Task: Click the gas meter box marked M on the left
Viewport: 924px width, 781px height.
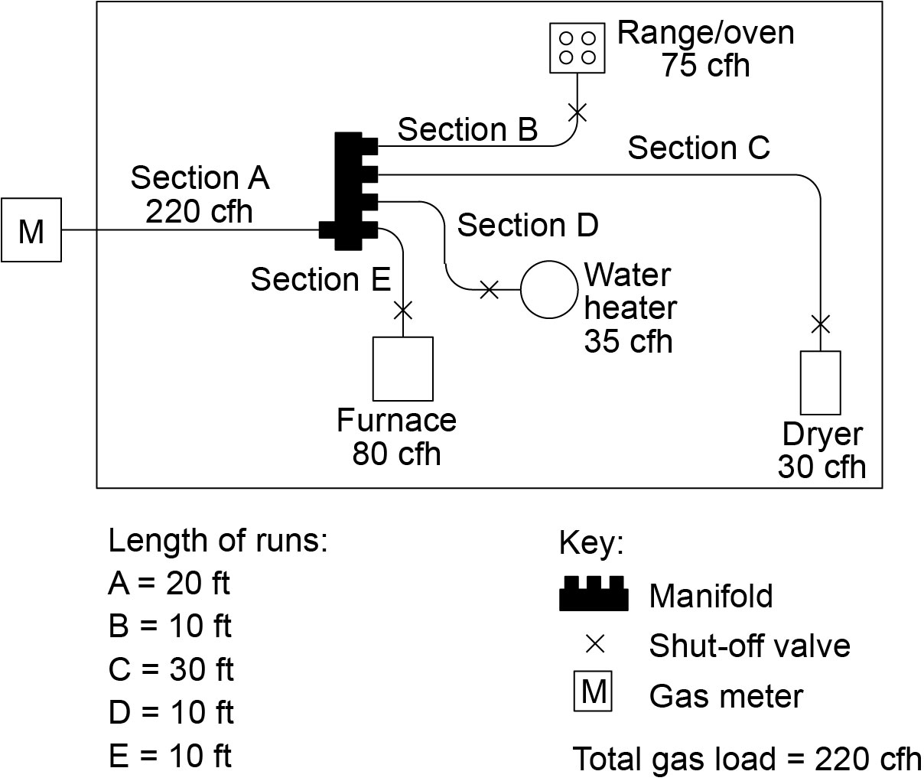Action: point(31,229)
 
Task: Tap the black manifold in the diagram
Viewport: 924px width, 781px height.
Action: point(349,191)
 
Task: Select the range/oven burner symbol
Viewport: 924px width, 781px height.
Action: point(577,47)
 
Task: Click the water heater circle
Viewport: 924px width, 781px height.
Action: point(549,289)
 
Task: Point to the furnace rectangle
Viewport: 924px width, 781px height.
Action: point(402,368)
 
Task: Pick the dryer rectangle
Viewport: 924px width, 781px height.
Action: point(820,382)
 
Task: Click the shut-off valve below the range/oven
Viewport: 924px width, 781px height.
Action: point(577,112)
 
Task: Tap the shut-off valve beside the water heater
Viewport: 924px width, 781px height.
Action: point(489,290)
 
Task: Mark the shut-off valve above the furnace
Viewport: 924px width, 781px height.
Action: point(402,310)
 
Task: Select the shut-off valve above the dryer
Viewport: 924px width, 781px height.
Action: point(820,324)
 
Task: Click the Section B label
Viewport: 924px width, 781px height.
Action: point(467,130)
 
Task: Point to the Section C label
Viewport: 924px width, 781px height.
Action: point(698,148)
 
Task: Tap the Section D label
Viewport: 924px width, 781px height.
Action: point(527,226)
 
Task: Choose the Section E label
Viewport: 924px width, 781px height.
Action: point(320,280)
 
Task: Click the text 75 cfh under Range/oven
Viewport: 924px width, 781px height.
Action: point(705,66)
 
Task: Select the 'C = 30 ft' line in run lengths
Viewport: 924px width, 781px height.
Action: point(171,669)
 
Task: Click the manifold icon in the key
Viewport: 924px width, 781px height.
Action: point(594,594)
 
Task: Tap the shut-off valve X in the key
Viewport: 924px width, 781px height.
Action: point(594,645)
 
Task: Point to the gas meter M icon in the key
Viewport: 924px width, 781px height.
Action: point(593,693)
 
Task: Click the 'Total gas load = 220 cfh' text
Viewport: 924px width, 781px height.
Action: point(747,759)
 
